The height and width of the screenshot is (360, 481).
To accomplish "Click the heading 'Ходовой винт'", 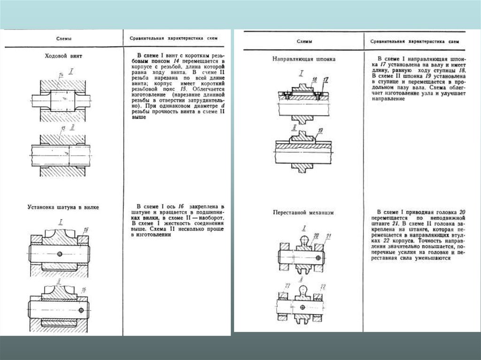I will click(63, 56).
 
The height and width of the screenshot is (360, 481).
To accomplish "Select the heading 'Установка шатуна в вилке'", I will click(63, 206).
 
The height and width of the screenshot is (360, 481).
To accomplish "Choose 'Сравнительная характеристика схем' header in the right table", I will click(415, 42).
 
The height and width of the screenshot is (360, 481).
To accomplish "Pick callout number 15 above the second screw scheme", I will click(63, 128).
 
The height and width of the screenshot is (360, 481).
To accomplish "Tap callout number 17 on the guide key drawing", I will click(326, 79).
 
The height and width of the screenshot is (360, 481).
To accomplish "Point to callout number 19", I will click(320, 130).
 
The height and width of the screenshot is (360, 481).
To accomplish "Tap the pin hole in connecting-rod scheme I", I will click(61, 254).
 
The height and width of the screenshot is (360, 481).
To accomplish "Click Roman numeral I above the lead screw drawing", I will click(71, 71).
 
